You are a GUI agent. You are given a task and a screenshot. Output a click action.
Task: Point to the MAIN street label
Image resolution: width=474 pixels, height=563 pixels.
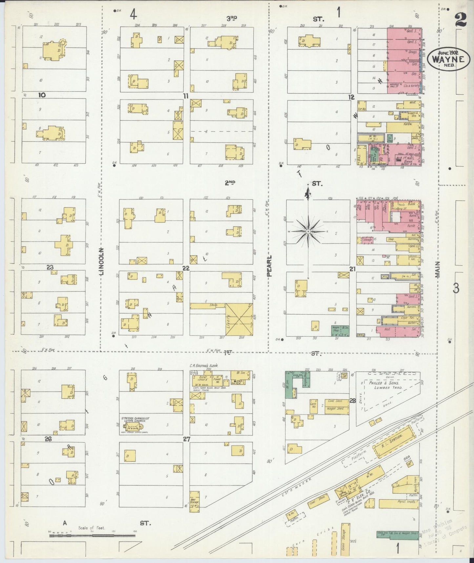(438, 270)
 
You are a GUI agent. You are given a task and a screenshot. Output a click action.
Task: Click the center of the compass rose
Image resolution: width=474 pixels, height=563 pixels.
(308, 232)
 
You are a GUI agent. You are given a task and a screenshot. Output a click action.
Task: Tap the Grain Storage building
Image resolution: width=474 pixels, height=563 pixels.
(344, 540)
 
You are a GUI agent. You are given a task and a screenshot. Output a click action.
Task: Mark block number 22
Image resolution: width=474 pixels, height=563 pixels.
(186, 268)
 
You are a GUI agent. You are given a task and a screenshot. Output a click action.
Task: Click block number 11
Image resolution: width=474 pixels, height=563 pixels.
(186, 96)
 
